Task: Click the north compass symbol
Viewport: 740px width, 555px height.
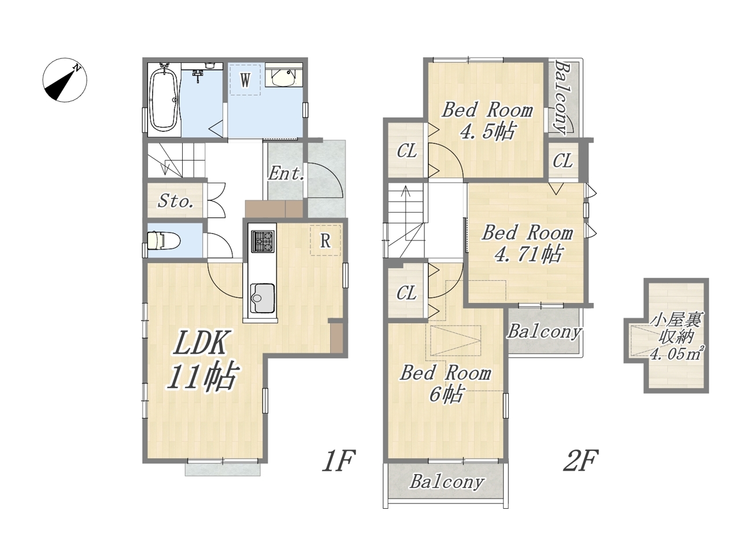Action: coord(65,80)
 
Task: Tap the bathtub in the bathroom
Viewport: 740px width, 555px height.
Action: coord(164,100)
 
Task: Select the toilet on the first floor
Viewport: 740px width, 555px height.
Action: coord(164,240)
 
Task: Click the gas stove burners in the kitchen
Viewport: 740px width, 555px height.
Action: coord(263,241)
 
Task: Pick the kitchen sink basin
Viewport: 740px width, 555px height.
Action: coord(262,298)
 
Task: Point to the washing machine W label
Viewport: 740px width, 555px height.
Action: coord(245,80)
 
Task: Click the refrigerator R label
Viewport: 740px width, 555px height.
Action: coord(325,241)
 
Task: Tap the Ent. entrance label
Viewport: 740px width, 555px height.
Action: coord(286,174)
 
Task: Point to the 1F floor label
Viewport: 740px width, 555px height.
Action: coord(338,461)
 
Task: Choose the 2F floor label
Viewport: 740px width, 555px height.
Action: coord(580,461)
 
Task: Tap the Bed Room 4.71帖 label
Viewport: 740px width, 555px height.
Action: coord(527,243)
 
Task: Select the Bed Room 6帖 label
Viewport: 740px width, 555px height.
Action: coord(445,383)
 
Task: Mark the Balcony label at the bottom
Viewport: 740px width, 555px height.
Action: coord(447,481)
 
